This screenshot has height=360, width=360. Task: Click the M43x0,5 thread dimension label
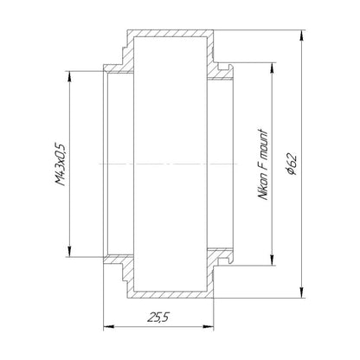tap(61, 164)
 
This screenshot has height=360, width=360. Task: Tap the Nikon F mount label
tap(263, 164)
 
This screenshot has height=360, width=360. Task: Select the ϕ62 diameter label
tap(292, 164)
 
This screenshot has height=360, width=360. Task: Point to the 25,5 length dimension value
tap(158, 318)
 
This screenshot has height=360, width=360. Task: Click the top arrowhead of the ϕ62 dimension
tap(302, 35)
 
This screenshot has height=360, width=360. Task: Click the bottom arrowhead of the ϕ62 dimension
tap(302, 292)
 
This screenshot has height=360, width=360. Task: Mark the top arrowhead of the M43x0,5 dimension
tap(69, 77)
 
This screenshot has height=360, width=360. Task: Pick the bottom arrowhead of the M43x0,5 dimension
tap(69, 251)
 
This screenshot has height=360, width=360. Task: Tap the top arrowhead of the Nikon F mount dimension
tap(272, 68)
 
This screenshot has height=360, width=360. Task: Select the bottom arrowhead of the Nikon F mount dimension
tap(272, 260)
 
